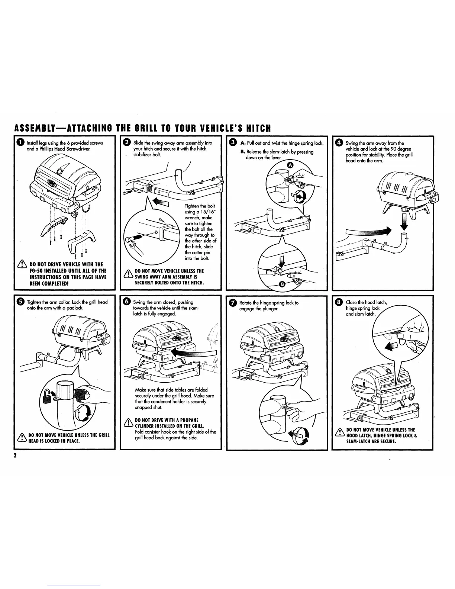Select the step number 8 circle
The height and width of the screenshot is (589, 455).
pyautogui.click(x=339, y=302)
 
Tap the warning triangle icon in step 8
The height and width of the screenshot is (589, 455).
pyautogui.click(x=339, y=432)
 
